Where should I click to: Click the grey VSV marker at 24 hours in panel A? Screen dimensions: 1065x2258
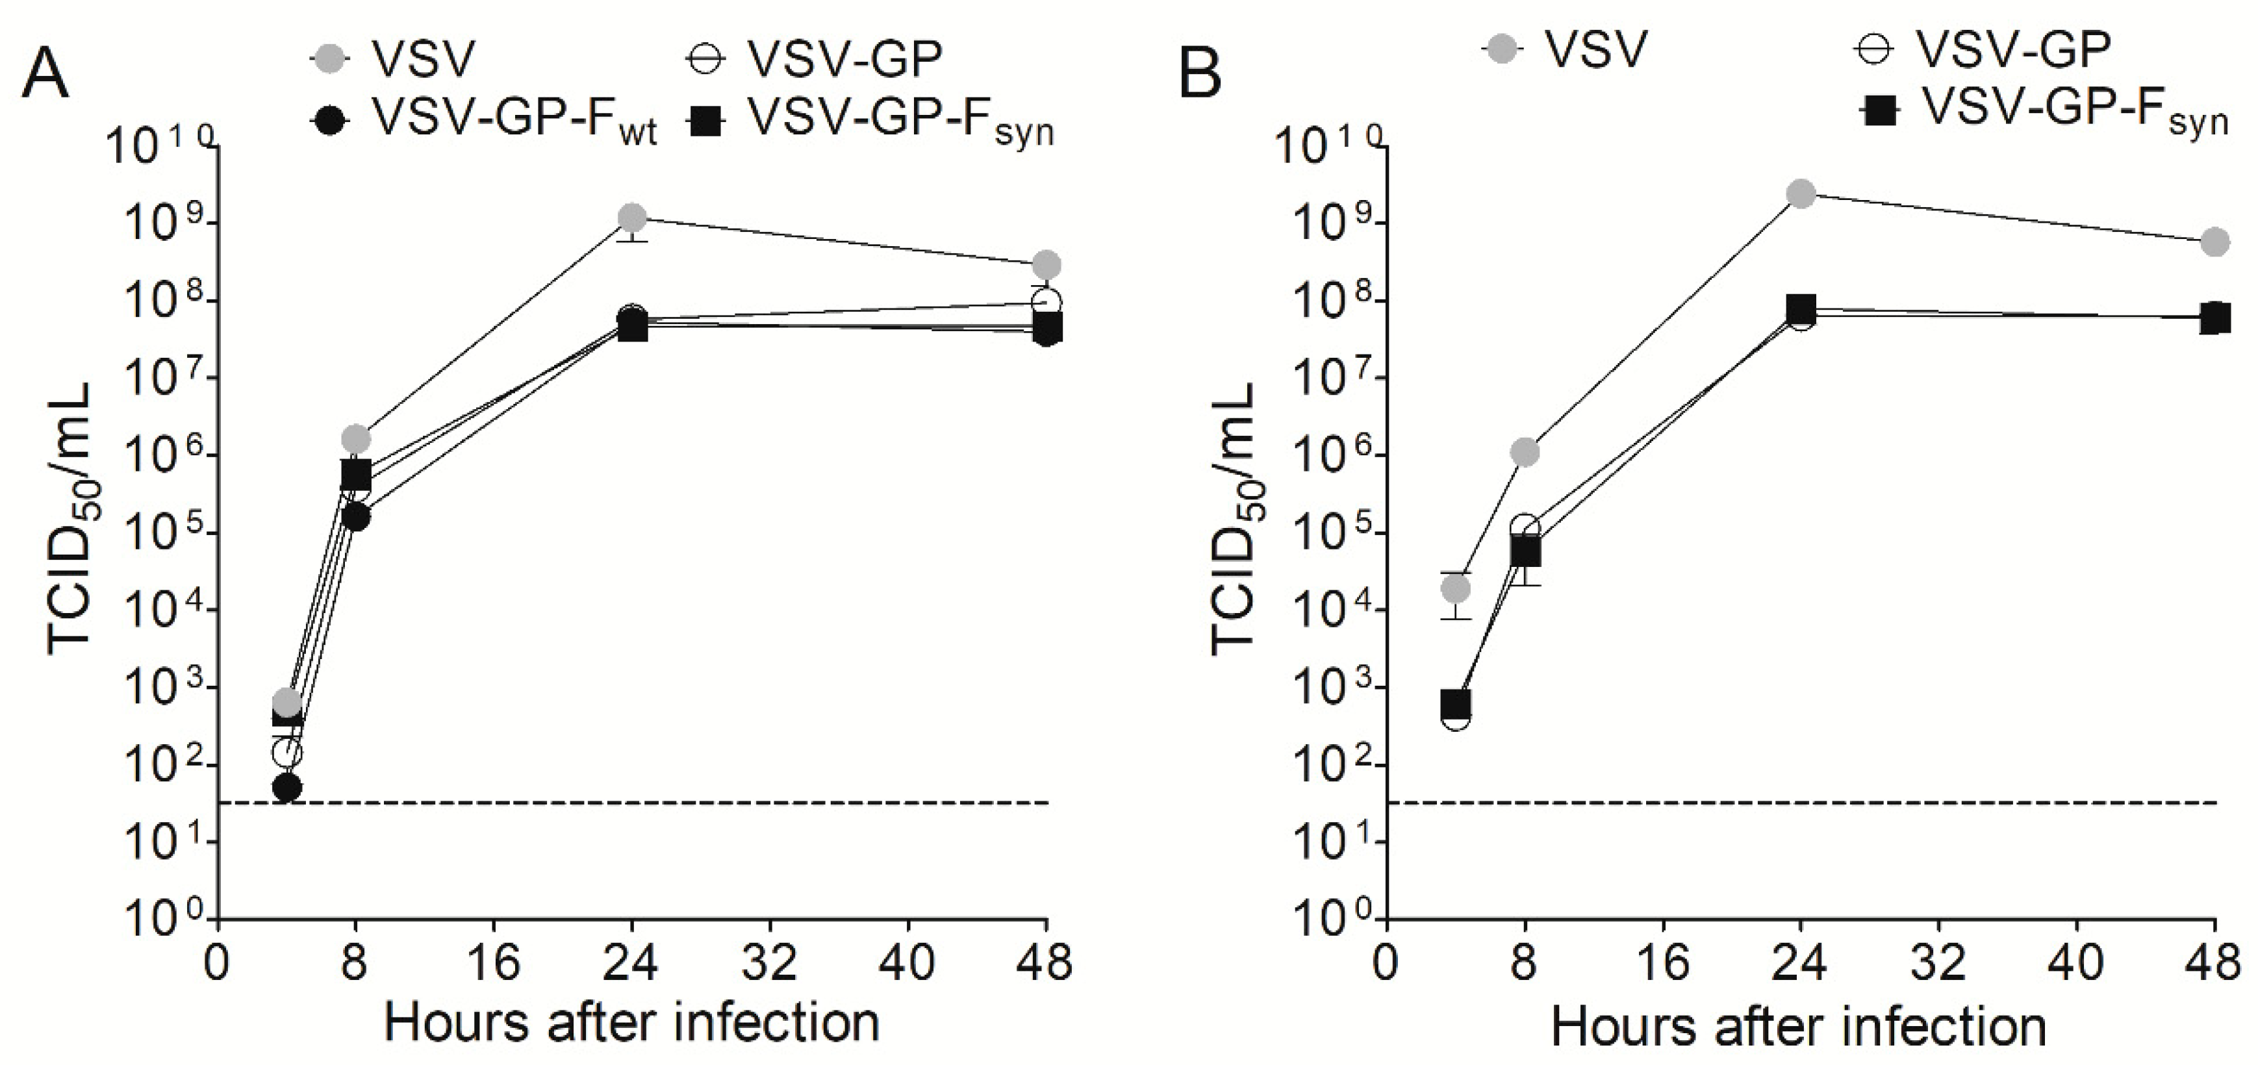point(632,216)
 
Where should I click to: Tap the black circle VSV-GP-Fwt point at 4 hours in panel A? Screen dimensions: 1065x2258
point(286,787)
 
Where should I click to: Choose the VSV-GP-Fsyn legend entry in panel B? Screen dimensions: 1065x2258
point(2042,112)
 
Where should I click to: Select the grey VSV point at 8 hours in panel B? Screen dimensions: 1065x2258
point(1525,452)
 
